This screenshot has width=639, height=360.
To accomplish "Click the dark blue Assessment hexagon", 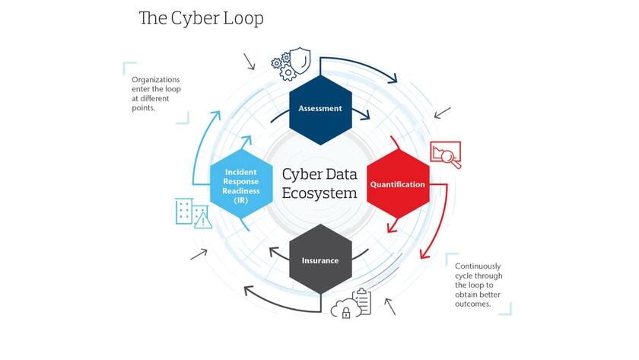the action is point(320,110).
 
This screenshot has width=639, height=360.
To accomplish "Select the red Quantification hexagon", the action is point(398,184).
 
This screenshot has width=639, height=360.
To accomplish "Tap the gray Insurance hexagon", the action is point(320,260).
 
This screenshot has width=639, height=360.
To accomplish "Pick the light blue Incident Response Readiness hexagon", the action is point(241,184).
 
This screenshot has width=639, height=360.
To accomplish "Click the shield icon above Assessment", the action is point(300,60).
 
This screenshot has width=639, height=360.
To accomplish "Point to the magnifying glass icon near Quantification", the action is point(450,158).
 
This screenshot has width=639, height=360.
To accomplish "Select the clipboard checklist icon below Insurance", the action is point(362,301).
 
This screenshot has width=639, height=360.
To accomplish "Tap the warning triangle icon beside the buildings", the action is point(203,221).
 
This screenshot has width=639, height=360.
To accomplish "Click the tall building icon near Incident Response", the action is point(183,211).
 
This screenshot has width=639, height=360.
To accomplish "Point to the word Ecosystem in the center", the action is point(319,193).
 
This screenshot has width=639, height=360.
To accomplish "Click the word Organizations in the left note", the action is point(156,79).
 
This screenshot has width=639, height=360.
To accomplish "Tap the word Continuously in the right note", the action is point(478,266).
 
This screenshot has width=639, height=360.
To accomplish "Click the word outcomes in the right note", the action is point(473,304).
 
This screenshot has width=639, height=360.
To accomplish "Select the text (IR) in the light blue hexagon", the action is point(241,200).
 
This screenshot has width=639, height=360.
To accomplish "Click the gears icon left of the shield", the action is point(284,66).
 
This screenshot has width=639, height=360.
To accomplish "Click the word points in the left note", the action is point(144,108).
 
